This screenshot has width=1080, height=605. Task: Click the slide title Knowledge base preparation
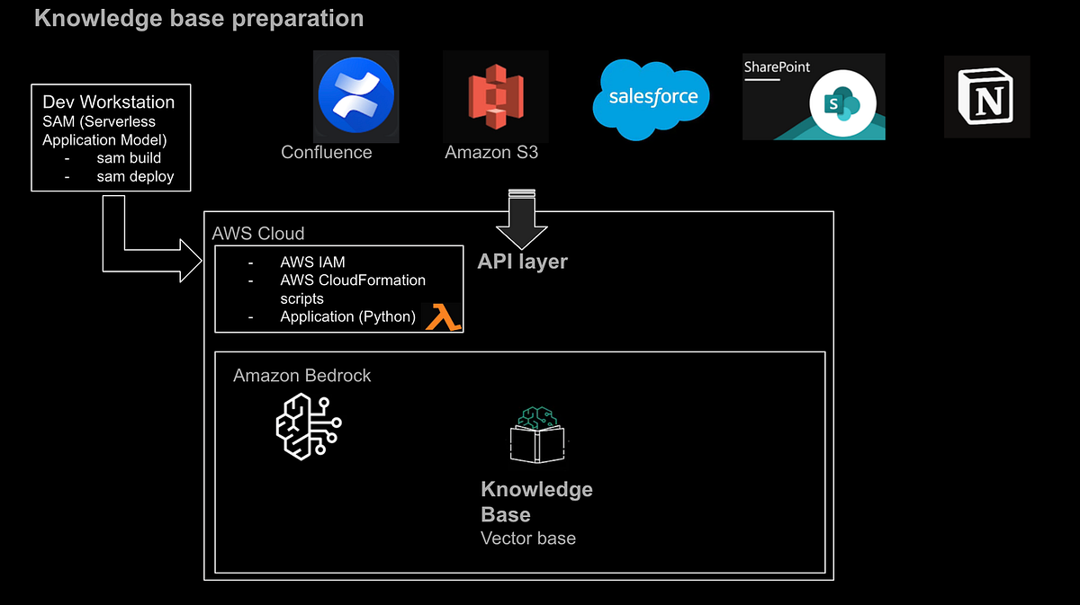(x=199, y=18)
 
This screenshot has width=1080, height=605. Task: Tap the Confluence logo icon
(x=355, y=94)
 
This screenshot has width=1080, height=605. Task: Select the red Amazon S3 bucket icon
(x=495, y=94)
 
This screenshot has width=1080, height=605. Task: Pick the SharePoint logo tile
(x=814, y=97)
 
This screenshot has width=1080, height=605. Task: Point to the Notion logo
(x=986, y=96)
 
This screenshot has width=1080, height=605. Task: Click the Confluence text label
(x=326, y=152)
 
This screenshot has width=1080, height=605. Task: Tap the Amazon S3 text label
(x=491, y=152)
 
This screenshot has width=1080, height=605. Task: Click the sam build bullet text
(x=129, y=158)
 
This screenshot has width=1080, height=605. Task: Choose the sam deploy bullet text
(x=135, y=176)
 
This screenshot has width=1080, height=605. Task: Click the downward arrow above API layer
(x=521, y=219)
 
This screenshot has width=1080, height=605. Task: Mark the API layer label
(x=522, y=262)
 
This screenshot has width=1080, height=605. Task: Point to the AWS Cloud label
(x=258, y=234)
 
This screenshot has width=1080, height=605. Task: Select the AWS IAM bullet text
(x=312, y=262)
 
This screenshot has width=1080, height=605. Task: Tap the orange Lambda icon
(x=442, y=317)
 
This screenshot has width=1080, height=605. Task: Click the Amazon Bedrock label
(x=301, y=376)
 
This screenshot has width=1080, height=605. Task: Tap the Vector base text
(x=528, y=538)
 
